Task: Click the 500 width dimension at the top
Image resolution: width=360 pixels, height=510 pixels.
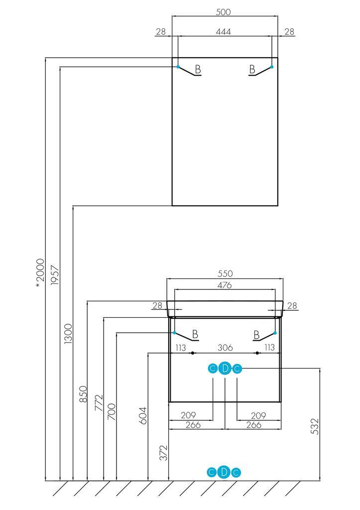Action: (x=224, y=12)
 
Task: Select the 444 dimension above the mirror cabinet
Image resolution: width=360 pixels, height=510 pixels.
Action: (x=224, y=31)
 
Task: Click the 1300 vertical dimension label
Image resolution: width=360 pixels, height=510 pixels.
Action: (x=68, y=333)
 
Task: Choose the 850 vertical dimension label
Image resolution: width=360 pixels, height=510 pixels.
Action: (x=83, y=394)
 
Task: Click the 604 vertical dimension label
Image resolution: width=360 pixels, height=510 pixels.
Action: (x=143, y=414)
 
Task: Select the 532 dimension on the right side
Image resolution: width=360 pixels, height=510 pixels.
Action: (x=314, y=427)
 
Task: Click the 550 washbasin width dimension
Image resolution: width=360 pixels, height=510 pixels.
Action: (x=226, y=274)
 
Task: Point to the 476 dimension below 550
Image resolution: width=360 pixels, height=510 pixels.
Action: (x=225, y=285)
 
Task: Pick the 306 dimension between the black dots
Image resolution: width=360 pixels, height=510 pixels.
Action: (x=225, y=348)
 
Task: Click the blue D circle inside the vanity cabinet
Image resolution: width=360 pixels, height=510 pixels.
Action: (x=225, y=369)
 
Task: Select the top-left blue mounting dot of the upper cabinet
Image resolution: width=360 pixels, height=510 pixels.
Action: (x=178, y=66)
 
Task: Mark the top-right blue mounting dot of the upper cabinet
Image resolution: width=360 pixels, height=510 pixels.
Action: (x=271, y=66)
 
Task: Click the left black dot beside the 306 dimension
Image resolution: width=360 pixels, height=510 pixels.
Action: (x=193, y=353)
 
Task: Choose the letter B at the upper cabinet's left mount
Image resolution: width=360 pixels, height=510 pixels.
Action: (x=198, y=69)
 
